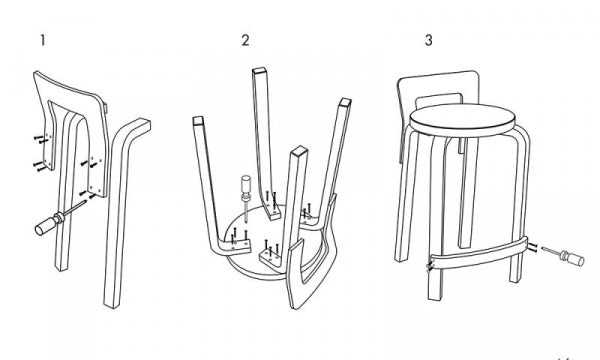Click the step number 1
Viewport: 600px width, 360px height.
(x=43, y=40)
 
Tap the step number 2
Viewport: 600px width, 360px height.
(x=245, y=40)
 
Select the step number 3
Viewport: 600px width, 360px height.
(x=429, y=40)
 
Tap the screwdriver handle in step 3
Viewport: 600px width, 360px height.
(x=572, y=258)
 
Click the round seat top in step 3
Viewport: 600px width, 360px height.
(x=462, y=119)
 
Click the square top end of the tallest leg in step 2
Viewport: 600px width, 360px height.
(x=259, y=71)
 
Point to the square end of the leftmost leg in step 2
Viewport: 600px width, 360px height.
(x=199, y=121)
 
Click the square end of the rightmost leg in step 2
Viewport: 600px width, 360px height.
(x=345, y=101)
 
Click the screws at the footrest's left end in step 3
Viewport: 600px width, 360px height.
(x=430, y=267)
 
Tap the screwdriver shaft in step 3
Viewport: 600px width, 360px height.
(x=551, y=251)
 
